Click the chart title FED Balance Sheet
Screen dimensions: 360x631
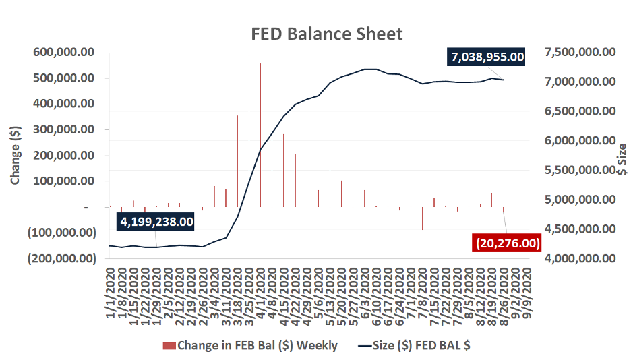pyautogui.click(x=327, y=34)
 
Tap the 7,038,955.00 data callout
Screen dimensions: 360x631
pyautogui.click(x=485, y=57)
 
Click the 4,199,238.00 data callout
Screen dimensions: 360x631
pyautogui.click(x=156, y=220)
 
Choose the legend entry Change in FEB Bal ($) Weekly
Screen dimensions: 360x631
pyautogui.click(x=250, y=346)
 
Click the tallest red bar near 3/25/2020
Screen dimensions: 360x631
pyautogui.click(x=249, y=131)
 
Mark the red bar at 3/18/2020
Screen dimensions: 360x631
pyautogui.click(x=237, y=161)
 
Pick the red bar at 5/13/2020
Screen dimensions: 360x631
pyautogui.click(x=330, y=179)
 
